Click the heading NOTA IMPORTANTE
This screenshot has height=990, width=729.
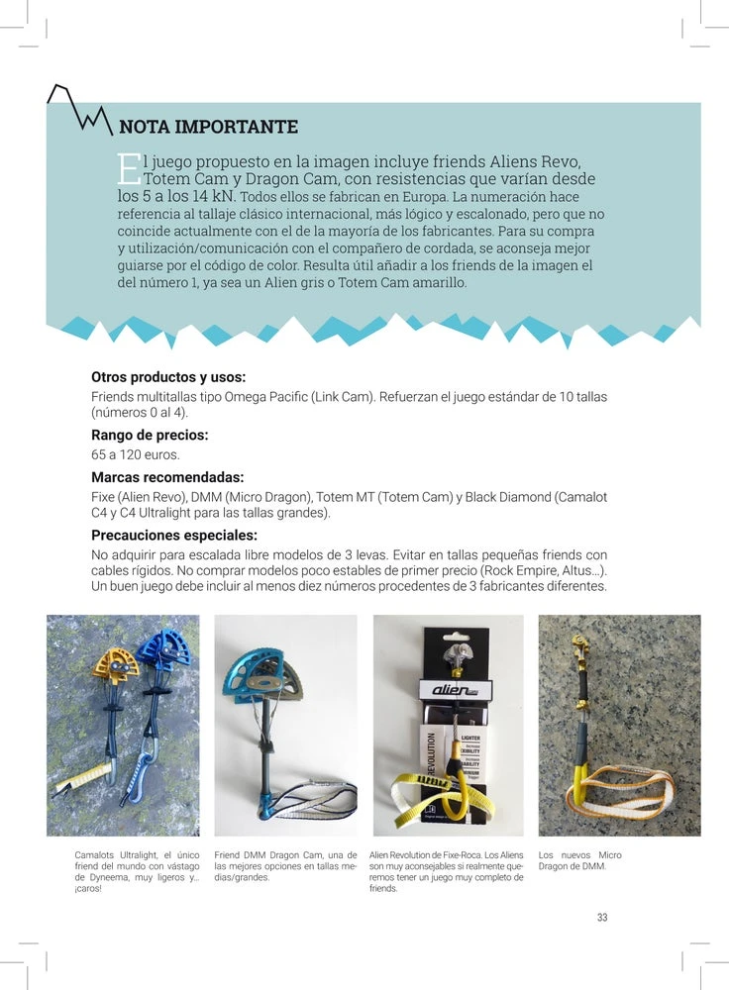pos(208,127)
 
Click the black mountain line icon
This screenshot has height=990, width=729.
pos(79,107)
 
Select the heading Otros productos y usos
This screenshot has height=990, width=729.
pos(168,377)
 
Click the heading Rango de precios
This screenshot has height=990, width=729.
pos(150,435)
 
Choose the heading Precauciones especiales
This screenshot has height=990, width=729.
pos(173,536)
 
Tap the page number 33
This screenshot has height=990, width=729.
pos(602,918)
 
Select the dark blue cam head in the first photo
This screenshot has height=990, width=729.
pos(163,648)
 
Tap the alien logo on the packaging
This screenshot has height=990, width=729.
pos(455,689)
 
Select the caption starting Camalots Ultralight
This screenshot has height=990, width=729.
pos(137,871)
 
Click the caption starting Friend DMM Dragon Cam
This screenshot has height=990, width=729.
pos(285,866)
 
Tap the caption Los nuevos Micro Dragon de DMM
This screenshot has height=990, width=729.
pos(579,860)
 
